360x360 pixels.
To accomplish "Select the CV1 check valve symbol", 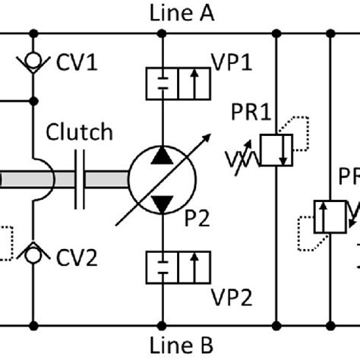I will (32, 58).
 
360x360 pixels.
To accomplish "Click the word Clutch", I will (80, 132).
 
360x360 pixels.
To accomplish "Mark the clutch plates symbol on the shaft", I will (80, 181).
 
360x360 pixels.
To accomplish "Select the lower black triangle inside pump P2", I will (162, 203).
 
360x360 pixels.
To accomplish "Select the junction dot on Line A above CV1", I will (32, 33).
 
